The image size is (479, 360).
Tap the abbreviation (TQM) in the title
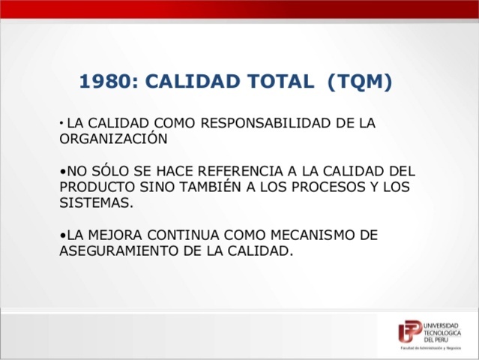[360, 82]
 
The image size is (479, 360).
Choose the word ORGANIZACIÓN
[112, 139]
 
